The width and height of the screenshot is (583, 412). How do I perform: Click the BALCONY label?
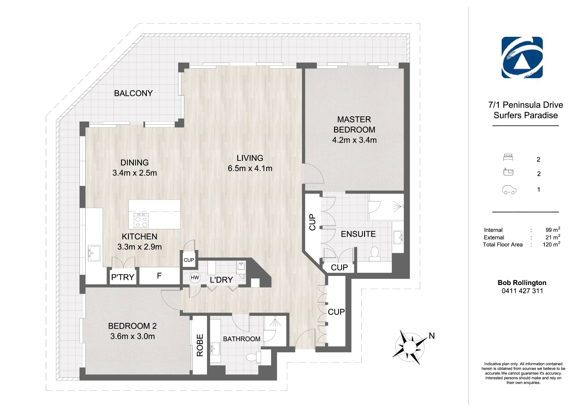pyautogui.click(x=133, y=93)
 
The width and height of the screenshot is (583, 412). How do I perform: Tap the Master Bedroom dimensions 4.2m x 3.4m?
pyautogui.click(x=354, y=140)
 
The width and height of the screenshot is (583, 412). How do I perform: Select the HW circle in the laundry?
pyautogui.click(x=195, y=278)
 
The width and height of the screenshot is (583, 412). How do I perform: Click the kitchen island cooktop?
pyautogui.click(x=141, y=220)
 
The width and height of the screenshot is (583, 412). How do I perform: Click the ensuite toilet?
pyautogui.click(x=375, y=254)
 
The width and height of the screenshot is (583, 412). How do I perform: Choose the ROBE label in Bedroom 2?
pyautogui.click(x=200, y=345)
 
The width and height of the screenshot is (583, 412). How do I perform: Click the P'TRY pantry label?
pyautogui.click(x=123, y=277)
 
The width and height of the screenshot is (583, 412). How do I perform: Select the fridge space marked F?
pyautogui.click(x=159, y=276)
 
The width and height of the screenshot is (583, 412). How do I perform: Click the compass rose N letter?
pyautogui.click(x=432, y=336)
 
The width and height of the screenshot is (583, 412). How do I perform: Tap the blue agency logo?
pyautogui.click(x=522, y=57)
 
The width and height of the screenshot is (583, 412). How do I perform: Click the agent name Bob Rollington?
pyautogui.click(x=522, y=283)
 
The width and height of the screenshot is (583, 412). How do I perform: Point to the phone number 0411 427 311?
pyautogui.click(x=522, y=291)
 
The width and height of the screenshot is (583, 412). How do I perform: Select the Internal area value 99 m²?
pyautogui.click(x=553, y=230)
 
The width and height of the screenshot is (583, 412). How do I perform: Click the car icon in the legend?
pyautogui.click(x=509, y=190)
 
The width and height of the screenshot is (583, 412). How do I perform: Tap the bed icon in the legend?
pyautogui.click(x=508, y=157)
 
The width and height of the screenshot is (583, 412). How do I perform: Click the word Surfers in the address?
pyautogui.click(x=507, y=115)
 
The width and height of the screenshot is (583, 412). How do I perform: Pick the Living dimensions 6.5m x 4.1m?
pyautogui.click(x=250, y=168)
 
